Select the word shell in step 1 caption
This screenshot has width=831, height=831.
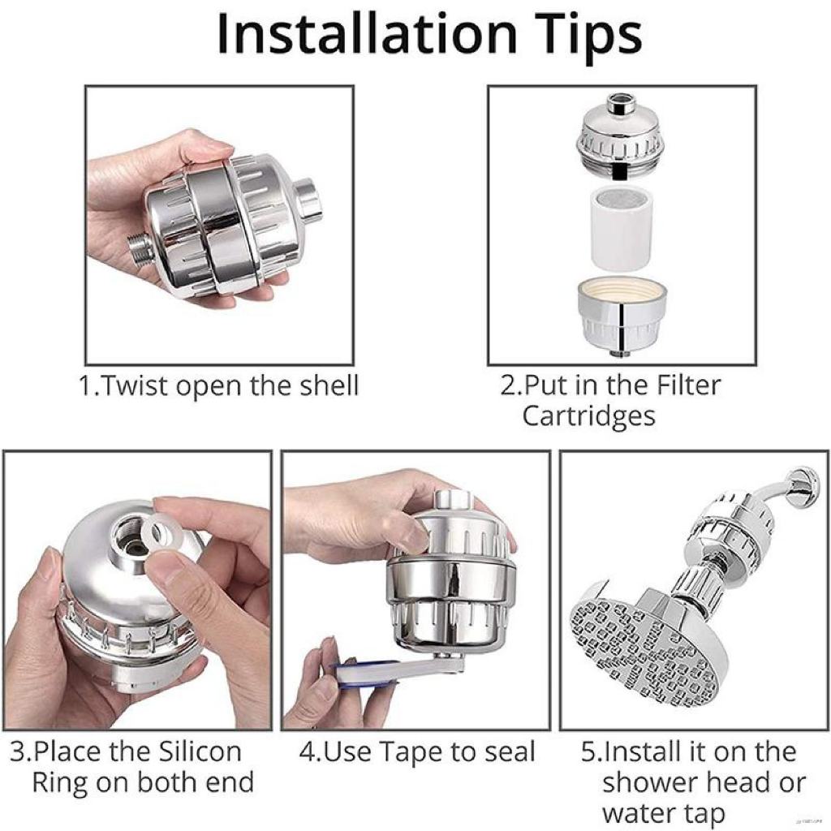click(x=329, y=385)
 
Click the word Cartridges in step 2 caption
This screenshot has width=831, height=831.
click(x=589, y=416)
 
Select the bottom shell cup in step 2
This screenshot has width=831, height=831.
click(x=621, y=316)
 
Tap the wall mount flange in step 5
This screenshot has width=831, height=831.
click(x=802, y=485)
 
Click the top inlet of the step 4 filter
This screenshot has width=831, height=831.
click(x=453, y=500)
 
